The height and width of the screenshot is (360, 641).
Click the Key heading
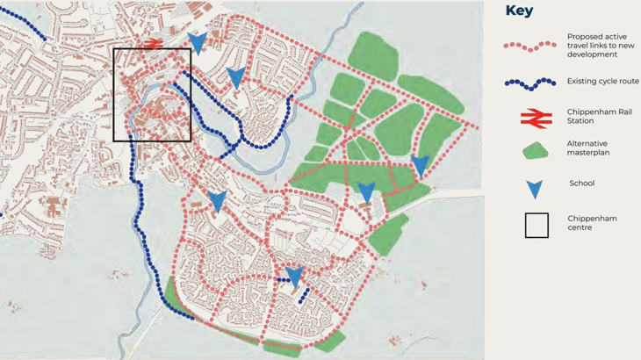tap(519, 11)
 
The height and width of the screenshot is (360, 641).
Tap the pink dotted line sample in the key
tap(529, 45)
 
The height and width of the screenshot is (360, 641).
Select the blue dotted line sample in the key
tap(529, 83)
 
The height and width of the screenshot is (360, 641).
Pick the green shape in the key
tap(536, 151)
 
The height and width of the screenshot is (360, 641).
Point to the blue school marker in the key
tap(534, 189)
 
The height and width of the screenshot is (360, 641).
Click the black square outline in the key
tap(537, 226)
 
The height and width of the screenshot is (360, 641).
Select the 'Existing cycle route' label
tap(602, 81)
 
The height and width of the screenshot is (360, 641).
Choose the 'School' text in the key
tap(581, 184)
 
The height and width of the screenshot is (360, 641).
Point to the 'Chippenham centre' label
tap(590, 221)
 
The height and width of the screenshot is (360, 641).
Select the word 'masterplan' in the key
tap(587, 153)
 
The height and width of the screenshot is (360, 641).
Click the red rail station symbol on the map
tap(154, 43)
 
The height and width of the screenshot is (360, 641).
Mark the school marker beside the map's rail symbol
tap(198, 41)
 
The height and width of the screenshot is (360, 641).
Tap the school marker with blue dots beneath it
tap(295, 276)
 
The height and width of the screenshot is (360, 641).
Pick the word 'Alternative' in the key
tap(587, 143)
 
